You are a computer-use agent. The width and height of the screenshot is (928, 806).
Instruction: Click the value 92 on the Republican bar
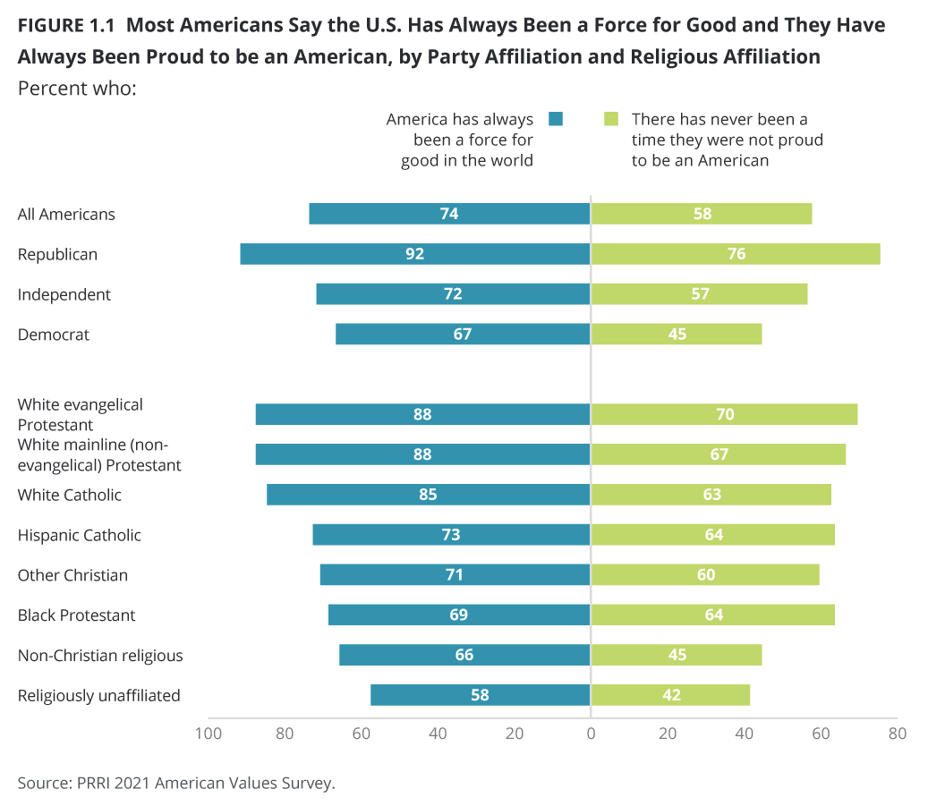coord(414,254)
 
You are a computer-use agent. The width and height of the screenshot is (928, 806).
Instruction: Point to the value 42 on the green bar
coord(671,695)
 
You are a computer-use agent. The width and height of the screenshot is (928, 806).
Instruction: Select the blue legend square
coord(556,118)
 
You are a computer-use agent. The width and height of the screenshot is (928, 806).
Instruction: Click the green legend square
coord(611,118)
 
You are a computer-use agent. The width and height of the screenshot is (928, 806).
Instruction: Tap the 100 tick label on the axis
coord(209,734)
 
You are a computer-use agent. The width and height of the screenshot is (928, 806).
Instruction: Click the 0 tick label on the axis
coord(591,734)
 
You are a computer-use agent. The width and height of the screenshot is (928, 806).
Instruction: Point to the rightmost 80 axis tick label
coord(898,734)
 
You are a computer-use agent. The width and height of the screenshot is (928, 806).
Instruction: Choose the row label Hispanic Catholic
coord(80,535)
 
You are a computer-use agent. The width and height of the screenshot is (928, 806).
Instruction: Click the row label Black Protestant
coord(77,615)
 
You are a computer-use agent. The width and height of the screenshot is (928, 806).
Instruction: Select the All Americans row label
coord(66,214)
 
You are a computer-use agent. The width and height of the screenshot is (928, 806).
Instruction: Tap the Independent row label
coord(64,294)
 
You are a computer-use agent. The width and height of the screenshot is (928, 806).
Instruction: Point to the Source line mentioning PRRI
coord(176,783)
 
